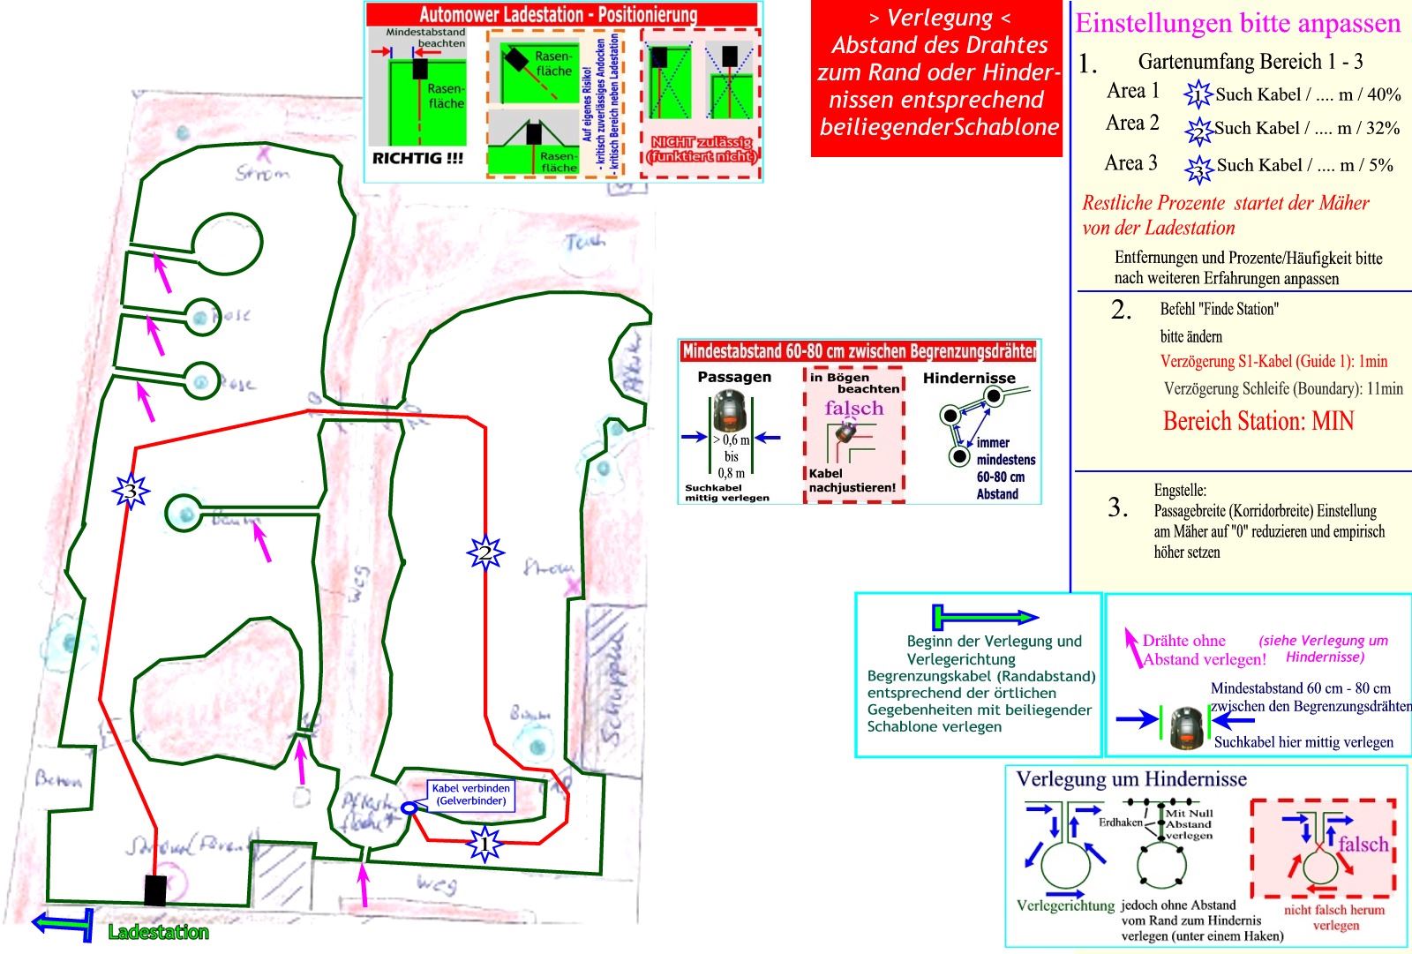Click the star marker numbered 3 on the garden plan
131,492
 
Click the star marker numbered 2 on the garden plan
484,553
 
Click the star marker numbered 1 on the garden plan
484,844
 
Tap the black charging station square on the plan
155,890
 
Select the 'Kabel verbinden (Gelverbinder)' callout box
470,794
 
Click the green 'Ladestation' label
158,932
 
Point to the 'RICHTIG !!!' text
417,159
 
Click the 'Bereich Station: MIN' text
1258,421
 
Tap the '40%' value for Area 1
1383,94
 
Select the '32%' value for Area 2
1382,128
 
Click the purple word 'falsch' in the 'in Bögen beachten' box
853,408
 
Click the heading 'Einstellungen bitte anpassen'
1238,24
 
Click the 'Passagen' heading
734,377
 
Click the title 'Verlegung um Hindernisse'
1131,779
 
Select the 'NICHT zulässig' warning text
702,149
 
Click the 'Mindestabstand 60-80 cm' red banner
859,351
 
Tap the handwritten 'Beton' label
58,778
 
